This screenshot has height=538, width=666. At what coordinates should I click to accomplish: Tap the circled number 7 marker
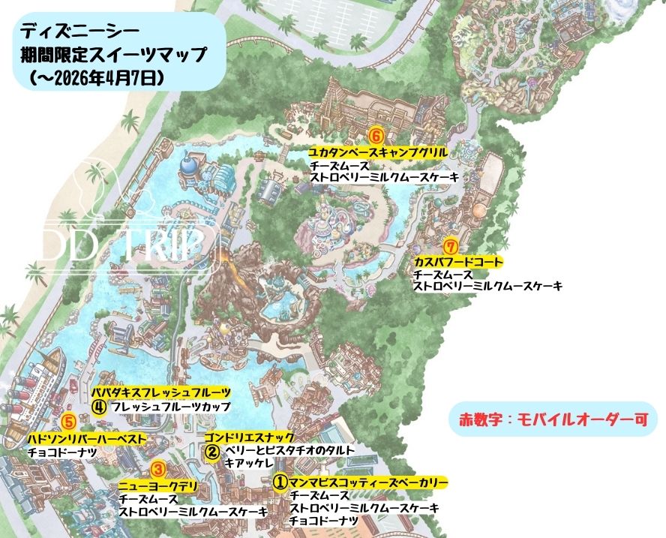(x=450, y=245)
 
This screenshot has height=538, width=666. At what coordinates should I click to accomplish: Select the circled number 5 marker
(x=68, y=422)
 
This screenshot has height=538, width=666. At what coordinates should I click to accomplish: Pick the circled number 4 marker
(x=99, y=407)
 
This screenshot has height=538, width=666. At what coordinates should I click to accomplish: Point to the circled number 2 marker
(x=212, y=452)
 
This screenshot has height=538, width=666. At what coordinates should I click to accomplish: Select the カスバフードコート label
(x=457, y=261)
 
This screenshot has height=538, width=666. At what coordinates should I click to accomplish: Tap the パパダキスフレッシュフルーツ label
(x=160, y=392)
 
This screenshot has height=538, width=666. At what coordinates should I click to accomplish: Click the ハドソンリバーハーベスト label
(x=86, y=438)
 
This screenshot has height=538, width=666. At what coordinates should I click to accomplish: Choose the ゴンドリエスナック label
(x=249, y=437)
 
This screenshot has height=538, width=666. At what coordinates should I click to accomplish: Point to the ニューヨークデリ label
(x=157, y=485)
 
